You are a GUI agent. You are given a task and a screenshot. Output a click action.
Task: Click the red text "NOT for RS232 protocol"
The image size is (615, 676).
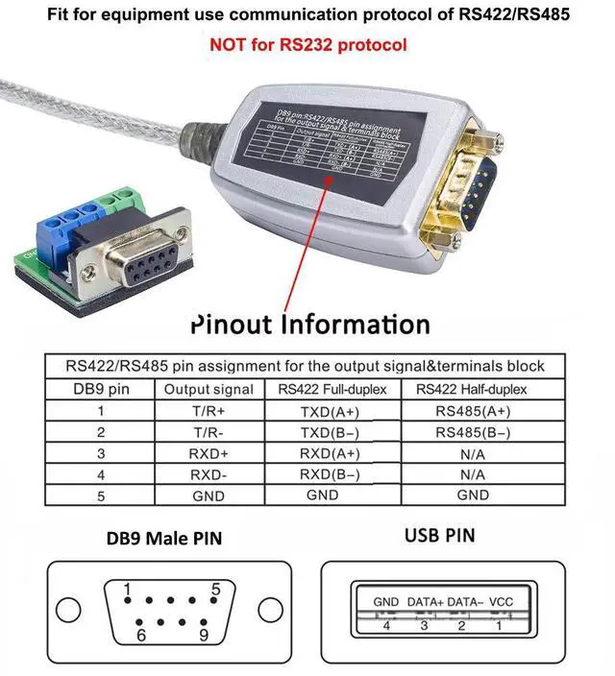[308, 44]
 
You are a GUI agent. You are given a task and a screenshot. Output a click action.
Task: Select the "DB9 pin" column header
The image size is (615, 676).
[101, 389]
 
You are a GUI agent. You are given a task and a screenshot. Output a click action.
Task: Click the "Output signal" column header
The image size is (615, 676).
[209, 389]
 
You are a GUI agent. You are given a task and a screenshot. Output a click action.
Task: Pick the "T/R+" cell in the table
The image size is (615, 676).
[209, 411]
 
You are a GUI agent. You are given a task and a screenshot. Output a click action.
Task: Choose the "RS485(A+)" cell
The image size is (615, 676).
[473, 411]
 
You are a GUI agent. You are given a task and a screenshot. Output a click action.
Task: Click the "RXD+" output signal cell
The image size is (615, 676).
[209, 453]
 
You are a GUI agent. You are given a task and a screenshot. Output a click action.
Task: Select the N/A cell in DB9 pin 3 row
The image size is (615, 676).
[473, 453]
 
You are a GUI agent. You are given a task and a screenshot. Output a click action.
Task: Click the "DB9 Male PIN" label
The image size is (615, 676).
[163, 539]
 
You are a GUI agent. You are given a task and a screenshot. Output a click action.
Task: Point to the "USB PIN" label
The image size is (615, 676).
[439, 535]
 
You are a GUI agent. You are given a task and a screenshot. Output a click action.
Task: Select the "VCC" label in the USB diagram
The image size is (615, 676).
[502, 602]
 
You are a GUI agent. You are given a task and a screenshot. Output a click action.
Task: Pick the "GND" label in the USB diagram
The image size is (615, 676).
[386, 602]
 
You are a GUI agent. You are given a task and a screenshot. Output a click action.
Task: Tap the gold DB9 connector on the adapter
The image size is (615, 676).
[471, 182]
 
